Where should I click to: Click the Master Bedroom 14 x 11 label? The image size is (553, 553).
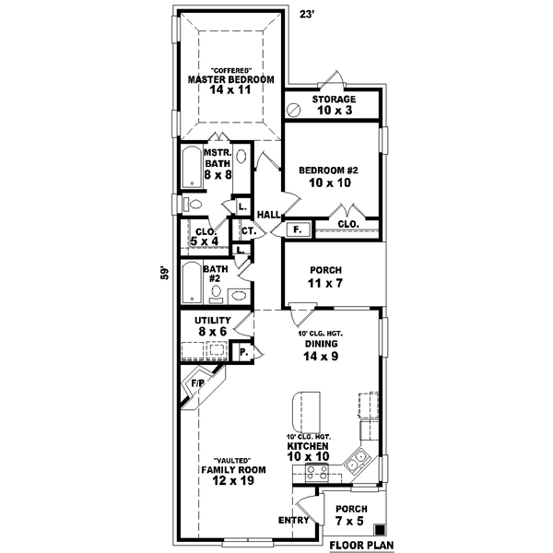pos(231,86)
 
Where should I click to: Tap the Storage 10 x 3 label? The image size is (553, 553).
pos(334,104)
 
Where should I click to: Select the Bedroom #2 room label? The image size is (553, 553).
pos(333,176)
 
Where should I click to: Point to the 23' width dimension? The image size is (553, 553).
pos(308,14)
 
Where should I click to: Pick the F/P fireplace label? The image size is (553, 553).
pos(197,382)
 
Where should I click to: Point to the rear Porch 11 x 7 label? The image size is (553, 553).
pos(327,276)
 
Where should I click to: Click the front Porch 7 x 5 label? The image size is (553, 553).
pos(350,515)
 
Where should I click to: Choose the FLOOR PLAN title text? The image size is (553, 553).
pos(362,545)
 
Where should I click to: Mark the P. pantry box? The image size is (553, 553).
pos(244,351)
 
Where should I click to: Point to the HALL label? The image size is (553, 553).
pos(268,215)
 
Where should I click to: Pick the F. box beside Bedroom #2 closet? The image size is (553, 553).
pos(297,228)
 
